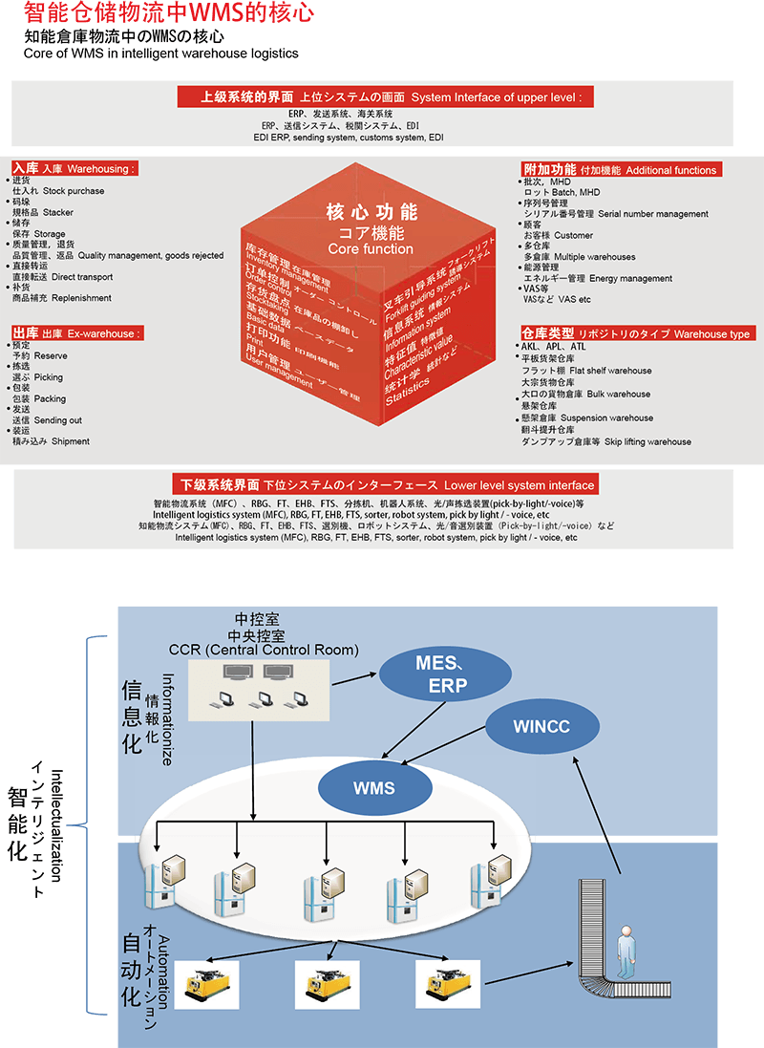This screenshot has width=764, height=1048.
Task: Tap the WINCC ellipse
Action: pyautogui.click(x=541, y=726)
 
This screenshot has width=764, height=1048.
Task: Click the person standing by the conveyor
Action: pyautogui.click(x=625, y=955)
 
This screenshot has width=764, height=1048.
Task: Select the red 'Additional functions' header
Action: pyautogui.click(x=620, y=169)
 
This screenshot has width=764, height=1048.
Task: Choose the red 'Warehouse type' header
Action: pyautogui.click(x=636, y=334)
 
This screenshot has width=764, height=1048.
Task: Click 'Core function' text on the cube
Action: pyautogui.click(x=371, y=249)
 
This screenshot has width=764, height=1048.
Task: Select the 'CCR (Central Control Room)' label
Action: pyautogui.click(x=264, y=651)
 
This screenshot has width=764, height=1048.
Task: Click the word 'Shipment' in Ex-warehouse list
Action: pyautogui.click(x=71, y=441)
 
